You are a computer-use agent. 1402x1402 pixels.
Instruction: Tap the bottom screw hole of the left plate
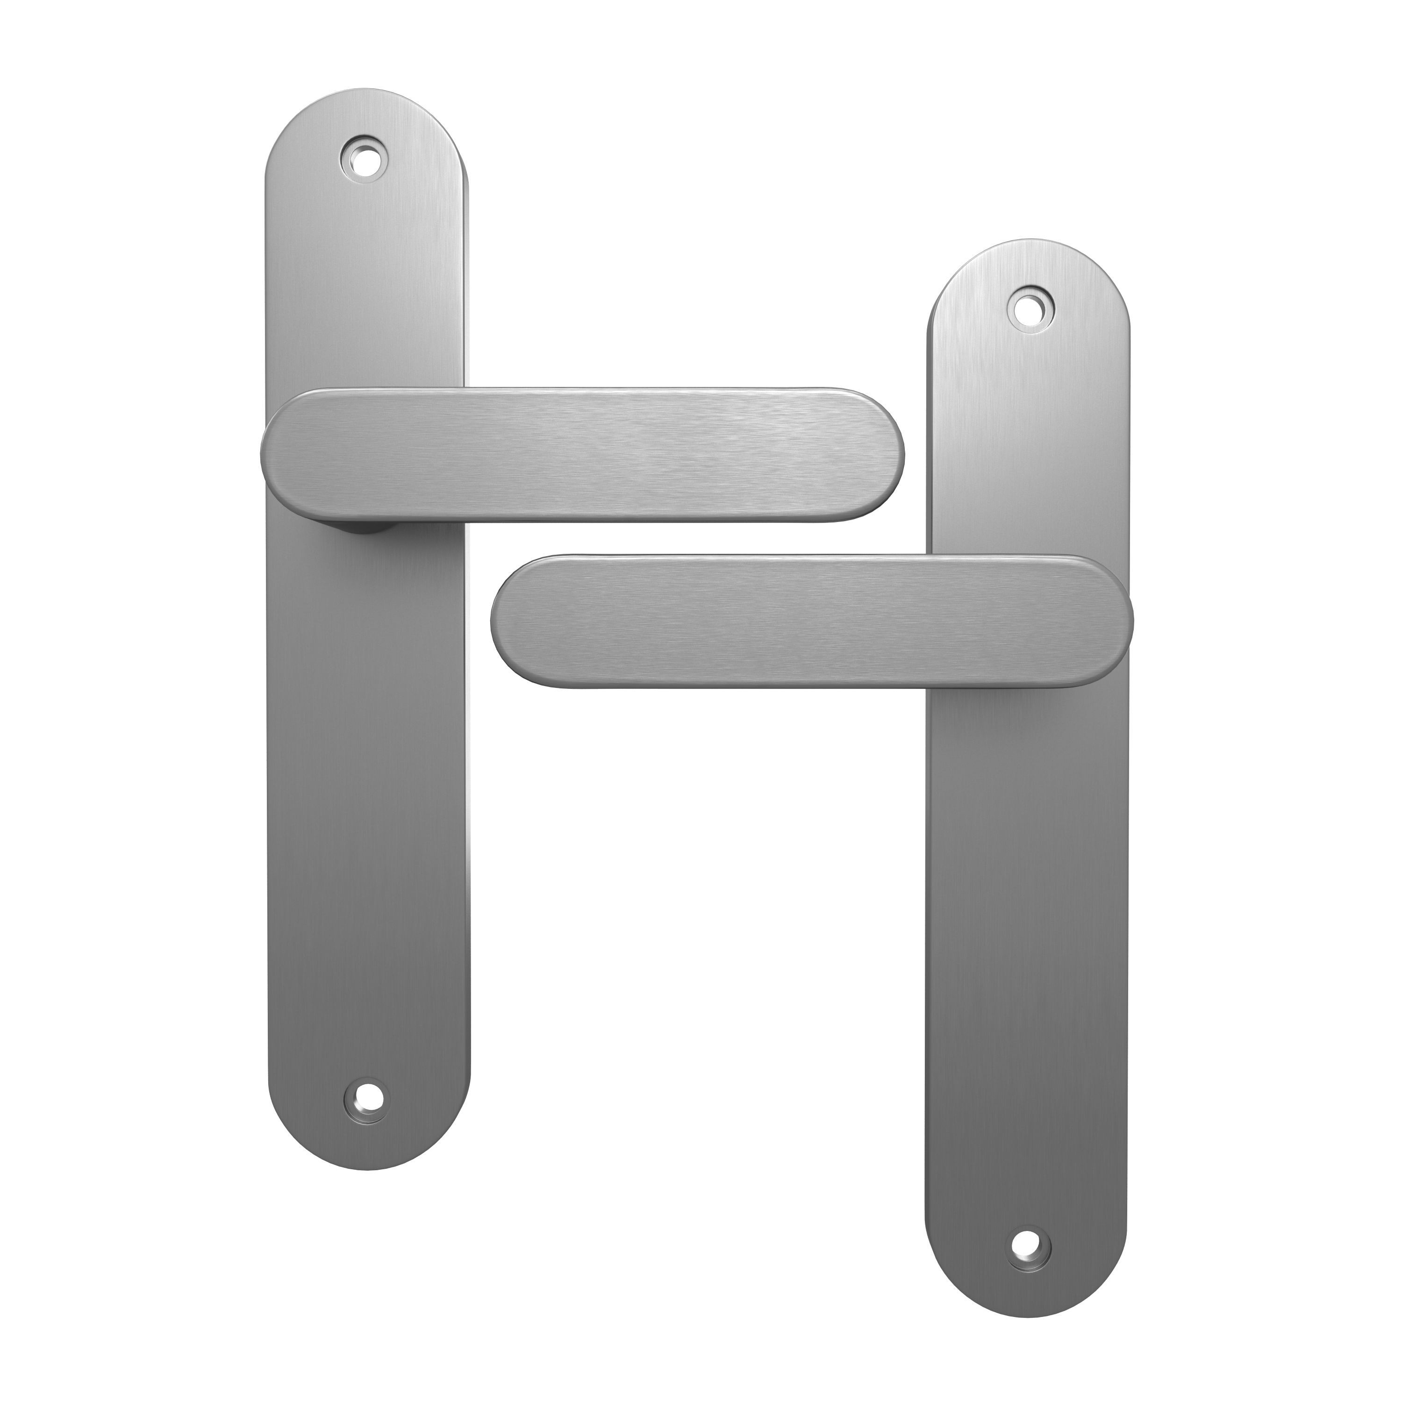coord(365,1112)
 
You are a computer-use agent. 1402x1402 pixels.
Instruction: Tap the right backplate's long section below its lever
coord(1028,944)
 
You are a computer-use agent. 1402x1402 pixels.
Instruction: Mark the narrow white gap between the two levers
coord(697,538)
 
